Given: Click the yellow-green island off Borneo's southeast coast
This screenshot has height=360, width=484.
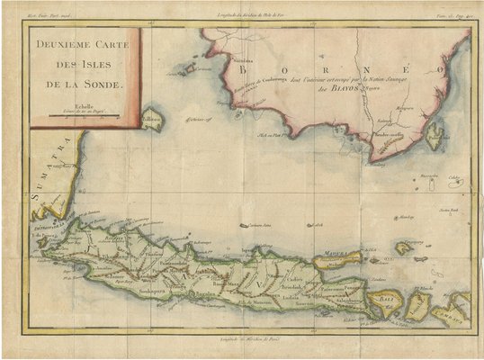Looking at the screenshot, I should pyautogui.click(x=435, y=137).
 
